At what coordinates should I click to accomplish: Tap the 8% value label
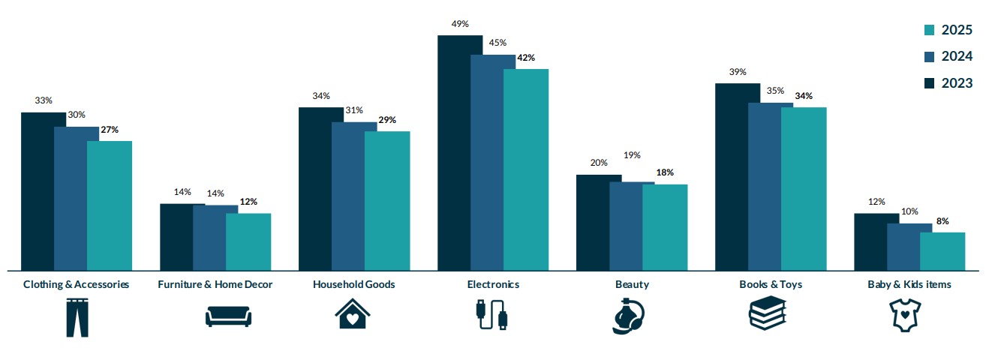[942, 221]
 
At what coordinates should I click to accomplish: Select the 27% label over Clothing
[110, 130]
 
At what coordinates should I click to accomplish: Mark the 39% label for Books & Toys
[738, 72]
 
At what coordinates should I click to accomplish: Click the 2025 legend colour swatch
[928, 30]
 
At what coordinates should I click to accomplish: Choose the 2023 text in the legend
[957, 83]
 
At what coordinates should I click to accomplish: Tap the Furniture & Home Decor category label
[215, 284]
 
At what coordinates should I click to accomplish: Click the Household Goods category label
[354, 284]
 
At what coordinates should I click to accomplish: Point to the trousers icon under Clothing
[77, 317]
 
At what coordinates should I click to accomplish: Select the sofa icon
[228, 316]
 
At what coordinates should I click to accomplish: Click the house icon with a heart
[352, 314]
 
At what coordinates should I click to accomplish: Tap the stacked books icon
[767, 313]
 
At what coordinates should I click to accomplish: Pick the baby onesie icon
[904, 315]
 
